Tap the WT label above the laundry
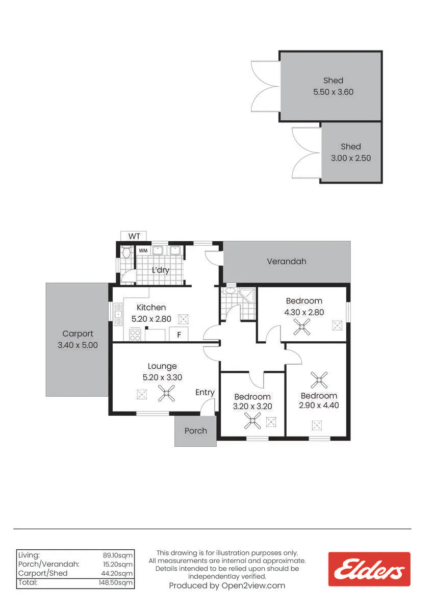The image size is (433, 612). pyautogui.click(x=134, y=236)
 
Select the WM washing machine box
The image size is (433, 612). pyautogui.click(x=143, y=250)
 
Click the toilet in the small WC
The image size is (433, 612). pyautogui.click(x=126, y=252)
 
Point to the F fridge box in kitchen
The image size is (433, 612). pyautogui.click(x=179, y=335)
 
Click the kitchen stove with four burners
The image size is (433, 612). pyautogui.click(x=135, y=335)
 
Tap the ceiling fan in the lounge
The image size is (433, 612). pyautogui.click(x=166, y=393)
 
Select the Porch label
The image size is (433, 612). pyautogui.click(x=196, y=431)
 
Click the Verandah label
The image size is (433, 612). pyautogui.click(x=287, y=262)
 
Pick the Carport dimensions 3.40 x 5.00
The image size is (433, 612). pyautogui.click(x=78, y=345)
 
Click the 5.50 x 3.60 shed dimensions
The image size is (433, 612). pyautogui.click(x=333, y=92)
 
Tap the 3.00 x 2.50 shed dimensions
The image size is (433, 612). pyautogui.click(x=351, y=158)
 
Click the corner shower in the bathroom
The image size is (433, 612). pyautogui.click(x=247, y=295)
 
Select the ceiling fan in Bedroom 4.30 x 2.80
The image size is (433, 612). pyautogui.click(x=302, y=327)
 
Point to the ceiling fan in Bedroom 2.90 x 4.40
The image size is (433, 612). pyautogui.click(x=319, y=380)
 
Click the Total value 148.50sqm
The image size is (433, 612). pyautogui.click(x=116, y=582)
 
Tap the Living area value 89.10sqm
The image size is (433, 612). pyautogui.click(x=117, y=555)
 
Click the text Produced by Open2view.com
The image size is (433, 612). pyautogui.click(x=227, y=586)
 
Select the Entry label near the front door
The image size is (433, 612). pyautogui.click(x=205, y=393)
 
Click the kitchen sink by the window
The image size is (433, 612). pyautogui.click(x=118, y=315)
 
